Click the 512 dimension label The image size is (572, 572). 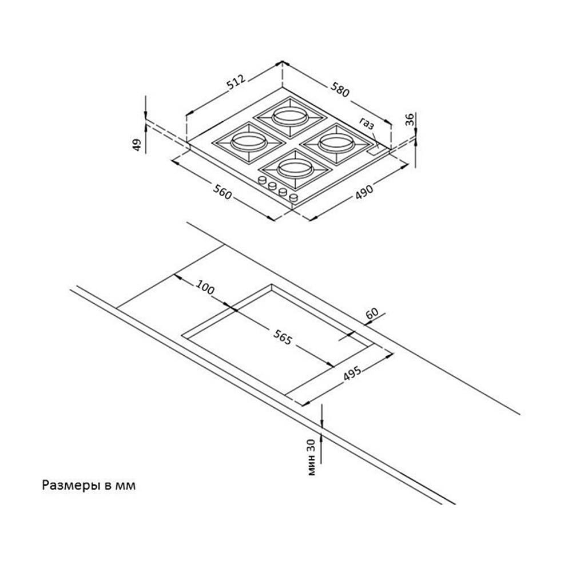tap(236, 84)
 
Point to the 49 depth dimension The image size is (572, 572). tap(137, 145)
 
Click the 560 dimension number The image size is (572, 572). tap(222, 194)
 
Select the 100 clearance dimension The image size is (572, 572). tap(204, 288)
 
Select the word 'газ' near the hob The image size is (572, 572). tap(367, 122)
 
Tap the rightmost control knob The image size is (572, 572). tap(294, 197)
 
